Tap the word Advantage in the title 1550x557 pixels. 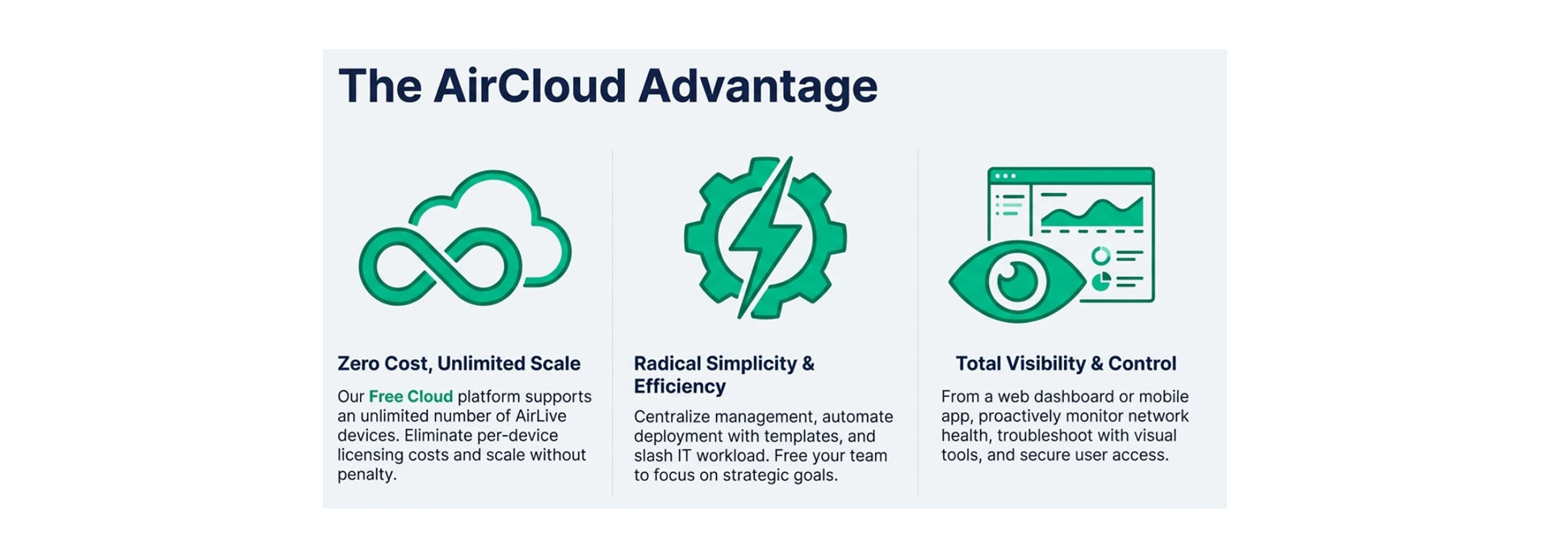(757, 87)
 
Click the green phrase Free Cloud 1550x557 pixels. (411, 396)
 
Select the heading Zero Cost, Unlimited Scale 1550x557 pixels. (459, 363)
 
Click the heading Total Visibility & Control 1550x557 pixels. (1066, 363)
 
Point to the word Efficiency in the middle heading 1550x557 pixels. (680, 387)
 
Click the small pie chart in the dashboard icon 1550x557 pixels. (1100, 282)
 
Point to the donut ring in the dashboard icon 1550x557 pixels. (1100, 256)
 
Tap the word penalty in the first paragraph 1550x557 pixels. (366, 475)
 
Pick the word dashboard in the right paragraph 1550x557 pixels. (1056, 396)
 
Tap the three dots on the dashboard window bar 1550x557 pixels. (1005, 175)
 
